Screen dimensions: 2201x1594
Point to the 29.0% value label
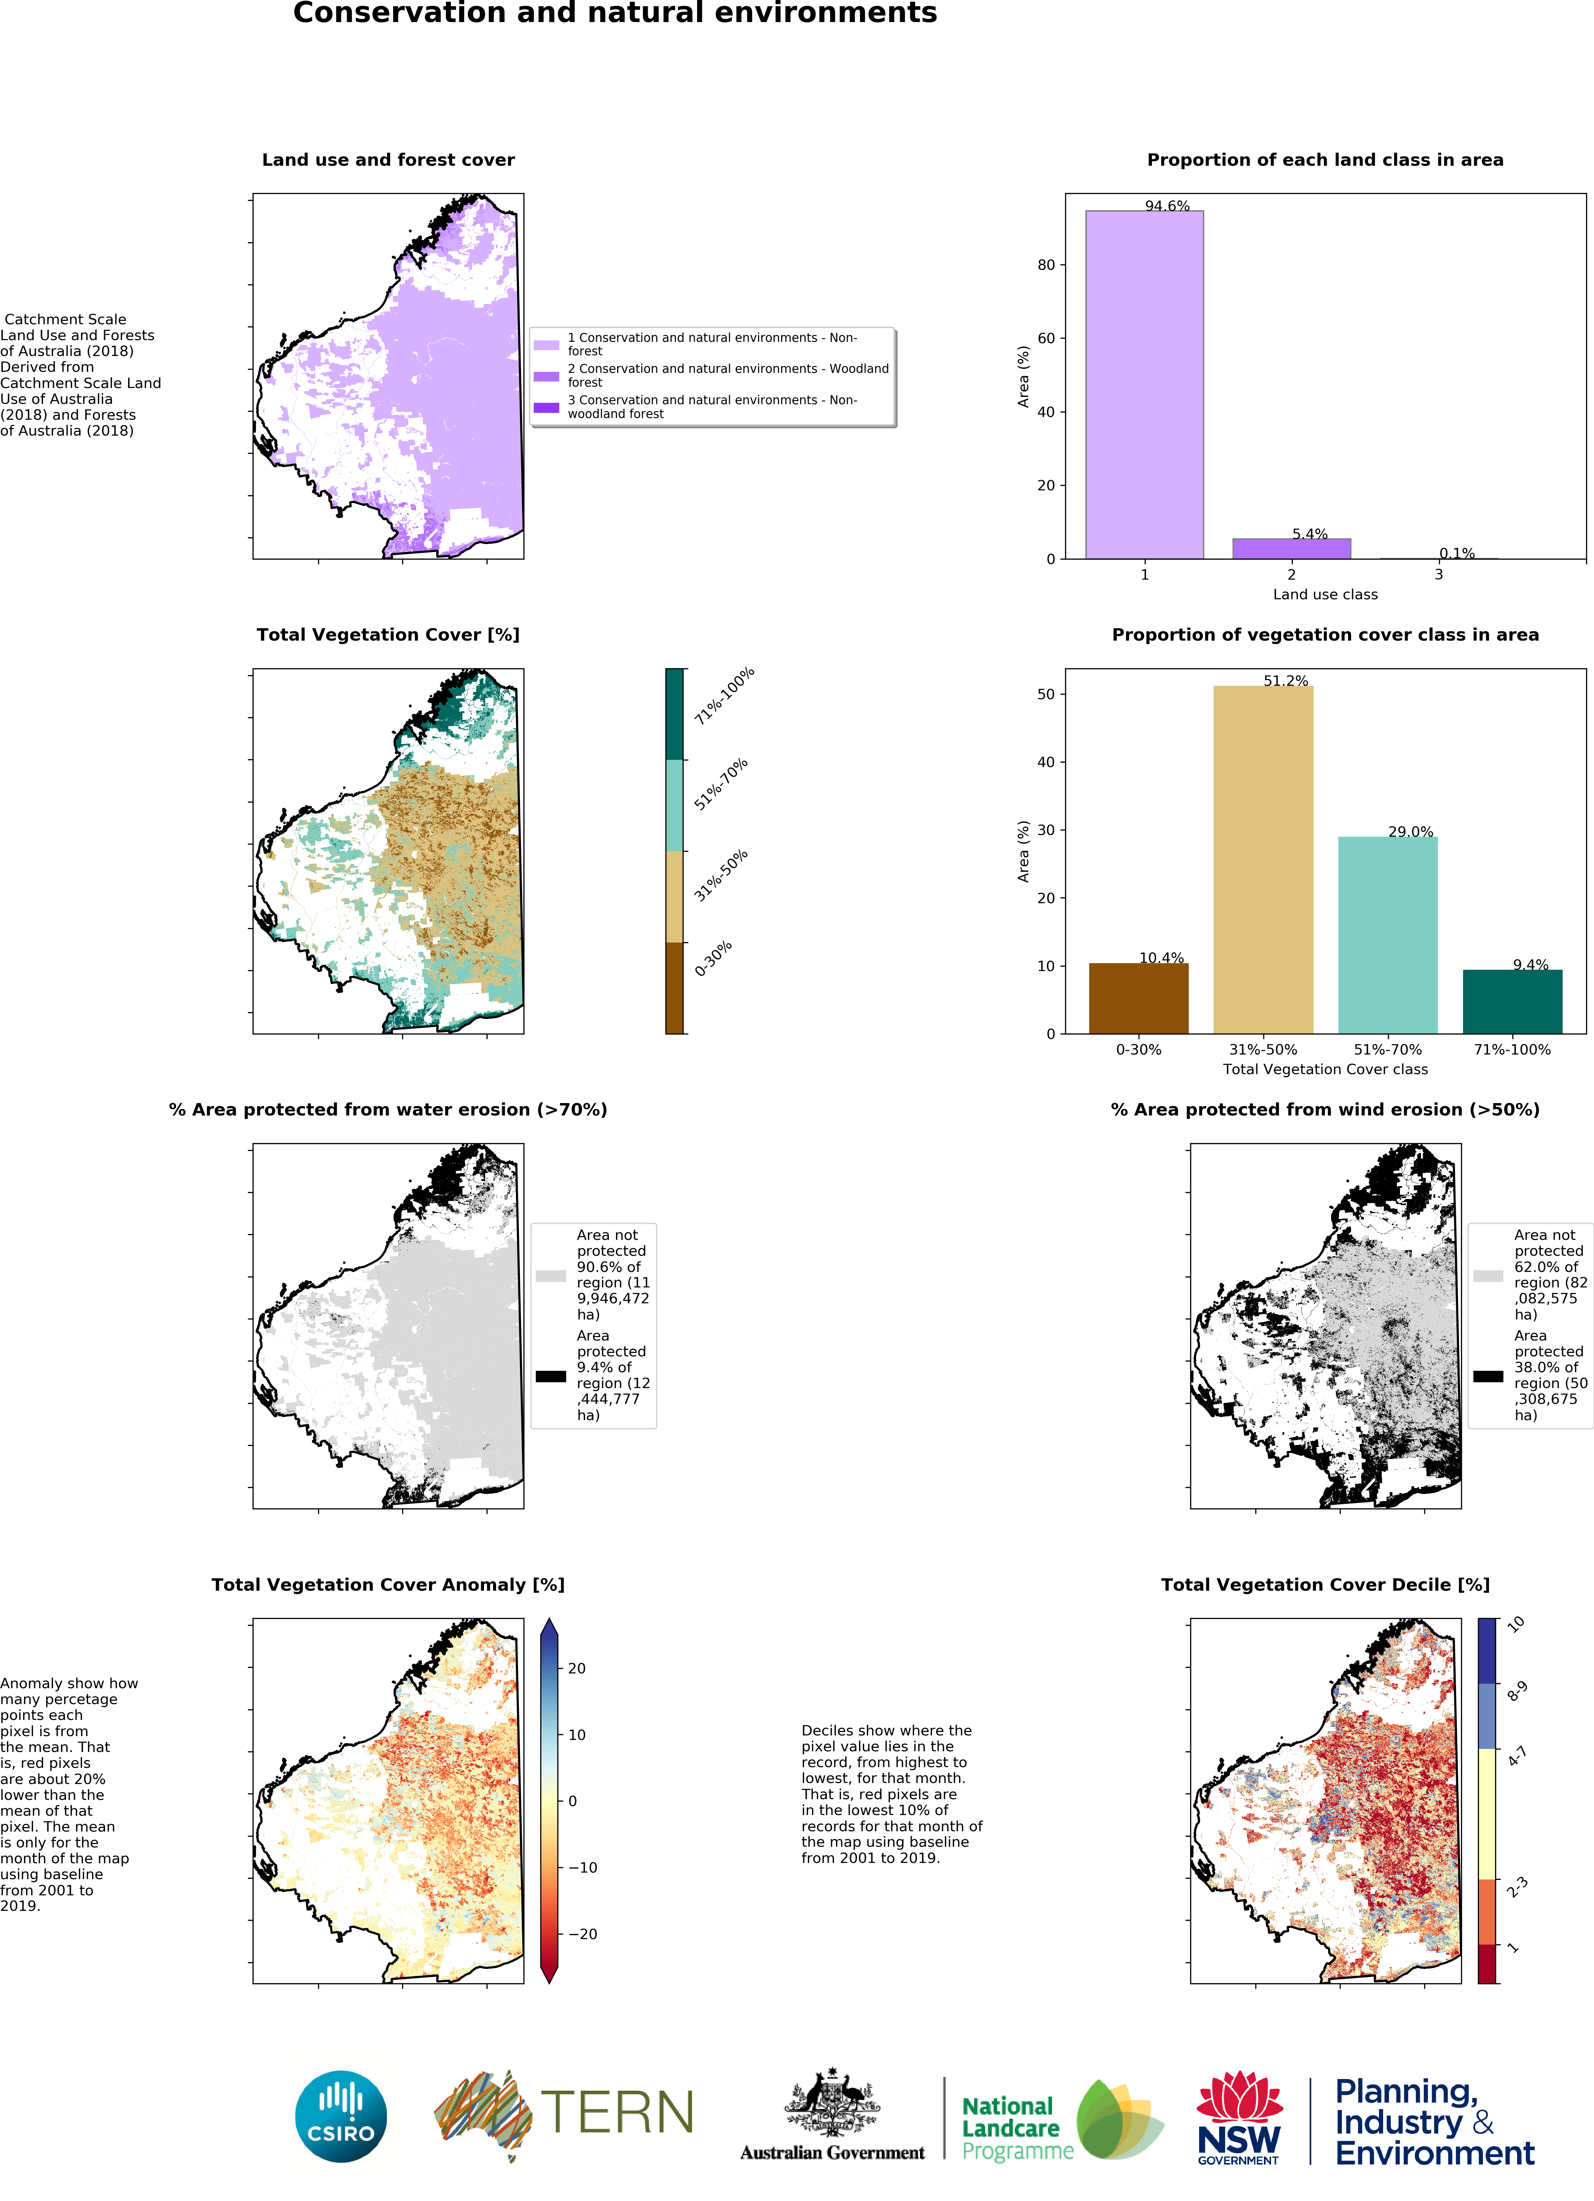pos(1410,832)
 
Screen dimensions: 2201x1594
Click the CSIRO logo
pos(340,2117)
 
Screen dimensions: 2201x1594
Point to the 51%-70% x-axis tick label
pos(1387,1049)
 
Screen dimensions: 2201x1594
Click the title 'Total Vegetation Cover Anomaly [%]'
pos(388,1585)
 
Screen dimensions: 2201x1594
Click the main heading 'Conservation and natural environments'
pos(615,13)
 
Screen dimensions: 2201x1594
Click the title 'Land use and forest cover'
pos(388,160)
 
